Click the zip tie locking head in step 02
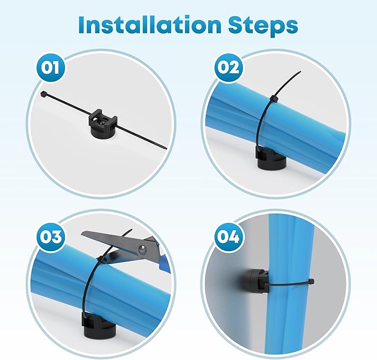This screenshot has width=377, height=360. (x=272, y=99)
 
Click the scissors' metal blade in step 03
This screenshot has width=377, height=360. (x=105, y=239)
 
